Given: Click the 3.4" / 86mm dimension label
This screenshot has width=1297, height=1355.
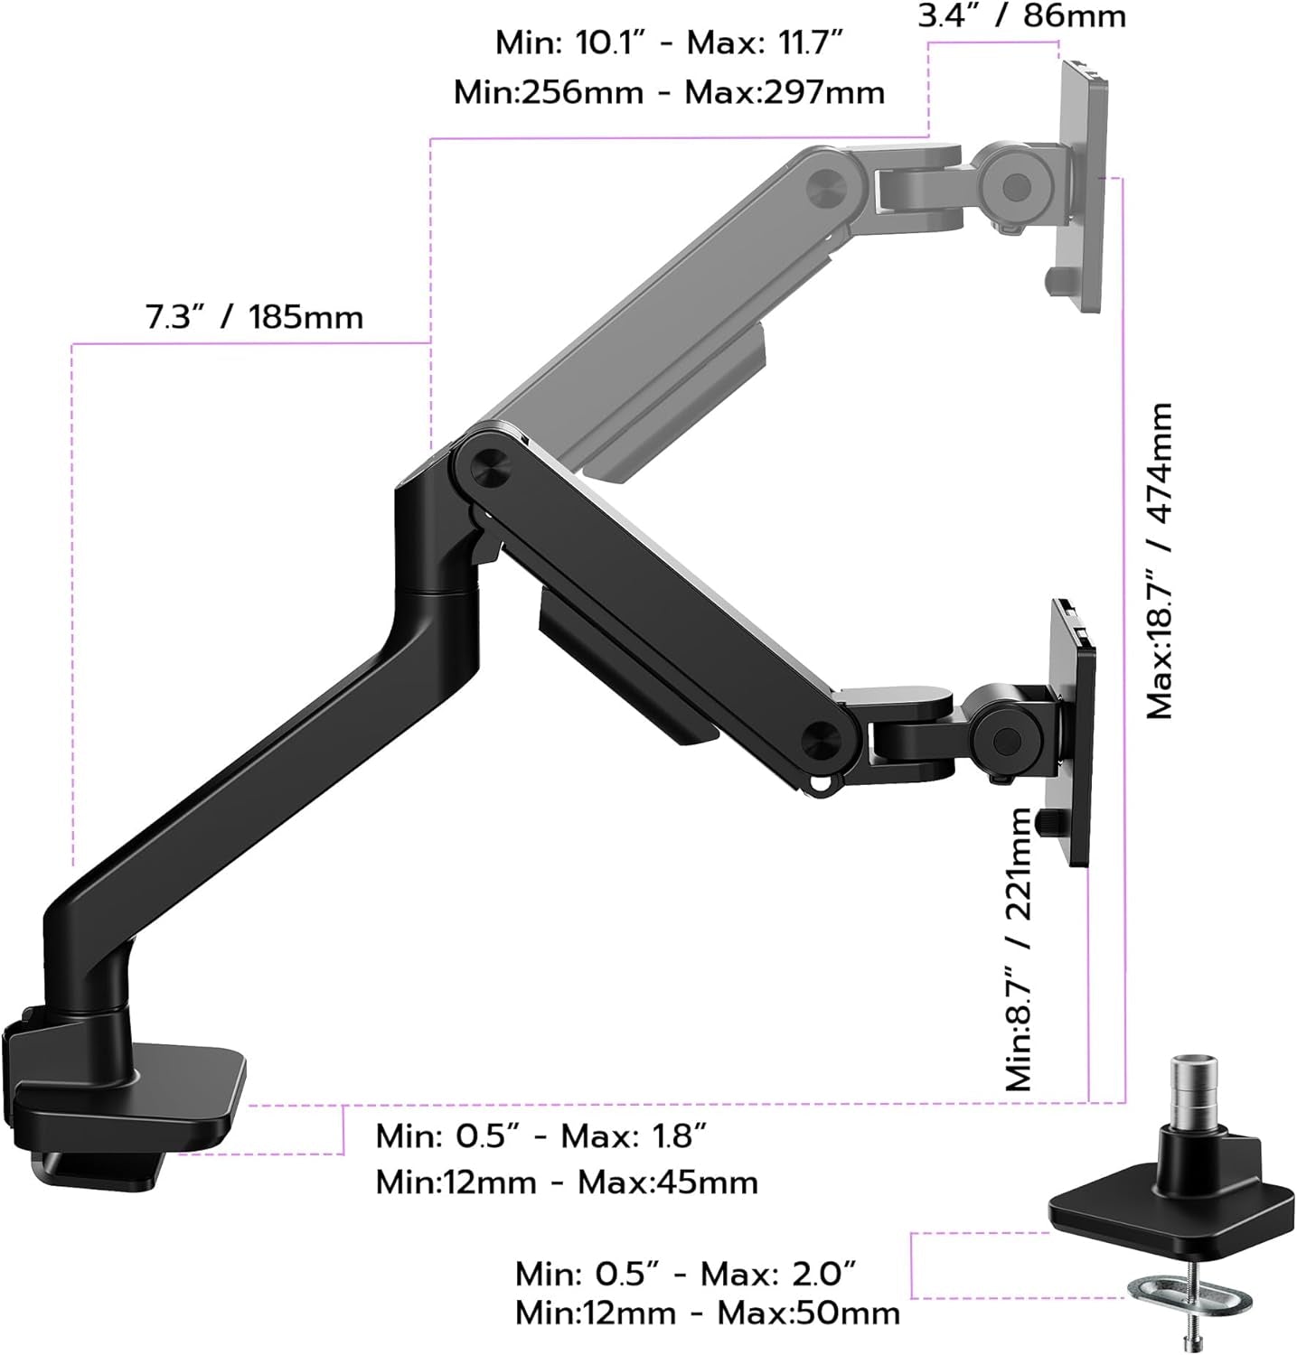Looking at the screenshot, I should [1022, 16].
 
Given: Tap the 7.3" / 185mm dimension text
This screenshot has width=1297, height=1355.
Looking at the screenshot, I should [254, 317].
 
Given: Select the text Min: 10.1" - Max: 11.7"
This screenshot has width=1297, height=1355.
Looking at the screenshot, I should [669, 42].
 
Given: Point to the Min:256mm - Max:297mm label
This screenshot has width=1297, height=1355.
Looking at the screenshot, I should [669, 92].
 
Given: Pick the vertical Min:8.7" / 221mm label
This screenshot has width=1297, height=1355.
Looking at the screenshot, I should [1019, 948].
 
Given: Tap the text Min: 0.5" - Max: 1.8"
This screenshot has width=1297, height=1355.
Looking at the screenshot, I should [540, 1135].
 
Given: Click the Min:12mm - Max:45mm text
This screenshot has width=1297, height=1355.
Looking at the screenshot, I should [567, 1182].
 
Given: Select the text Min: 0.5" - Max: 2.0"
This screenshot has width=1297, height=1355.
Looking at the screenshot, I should [685, 1274].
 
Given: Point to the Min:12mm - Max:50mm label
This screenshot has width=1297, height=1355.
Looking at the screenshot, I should [708, 1313].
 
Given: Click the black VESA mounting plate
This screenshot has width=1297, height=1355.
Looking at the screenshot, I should [1073, 732].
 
